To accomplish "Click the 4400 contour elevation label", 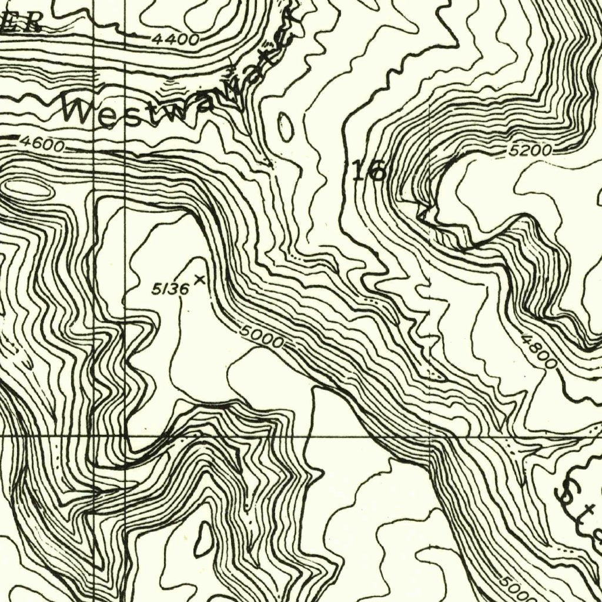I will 175,40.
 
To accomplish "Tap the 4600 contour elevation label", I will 42,143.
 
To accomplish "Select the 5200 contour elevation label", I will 531,151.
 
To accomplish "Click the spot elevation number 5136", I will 170,288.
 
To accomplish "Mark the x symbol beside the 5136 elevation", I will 200,279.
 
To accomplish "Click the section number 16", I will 369,171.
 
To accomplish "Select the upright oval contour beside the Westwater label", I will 286,127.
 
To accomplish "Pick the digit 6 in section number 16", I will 377,171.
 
